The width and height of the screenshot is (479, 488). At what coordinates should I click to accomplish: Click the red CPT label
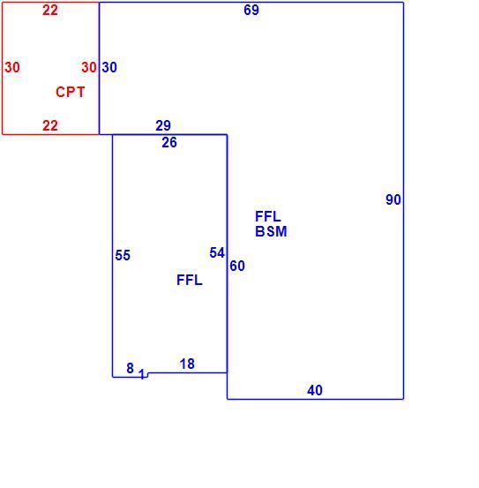71,92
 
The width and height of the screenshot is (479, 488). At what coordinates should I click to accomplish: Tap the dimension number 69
251,10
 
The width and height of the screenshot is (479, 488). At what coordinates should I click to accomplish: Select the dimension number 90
393,199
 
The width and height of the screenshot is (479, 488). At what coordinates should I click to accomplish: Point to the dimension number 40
315,390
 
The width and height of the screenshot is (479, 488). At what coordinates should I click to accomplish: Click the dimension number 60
237,266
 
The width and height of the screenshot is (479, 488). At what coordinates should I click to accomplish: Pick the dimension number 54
217,252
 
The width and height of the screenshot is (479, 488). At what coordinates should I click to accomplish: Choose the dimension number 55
123,255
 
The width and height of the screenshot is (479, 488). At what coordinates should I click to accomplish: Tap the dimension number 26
169,143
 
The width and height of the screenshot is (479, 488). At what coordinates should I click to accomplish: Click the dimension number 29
163,125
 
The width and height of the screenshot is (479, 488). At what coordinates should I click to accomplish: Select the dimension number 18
187,364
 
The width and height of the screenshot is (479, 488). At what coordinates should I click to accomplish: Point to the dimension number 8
131,369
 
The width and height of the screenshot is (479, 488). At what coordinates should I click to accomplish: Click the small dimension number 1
142,374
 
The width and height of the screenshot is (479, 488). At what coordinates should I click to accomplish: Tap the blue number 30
109,67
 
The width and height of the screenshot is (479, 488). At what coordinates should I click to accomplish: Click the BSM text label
271,231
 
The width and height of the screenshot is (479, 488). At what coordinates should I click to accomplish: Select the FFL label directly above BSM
268,216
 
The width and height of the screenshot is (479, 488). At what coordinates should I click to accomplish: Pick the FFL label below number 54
190,280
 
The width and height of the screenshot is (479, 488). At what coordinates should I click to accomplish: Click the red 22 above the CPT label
50,11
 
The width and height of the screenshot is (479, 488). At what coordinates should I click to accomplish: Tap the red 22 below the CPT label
50,125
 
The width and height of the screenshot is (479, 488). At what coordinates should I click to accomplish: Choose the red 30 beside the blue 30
89,67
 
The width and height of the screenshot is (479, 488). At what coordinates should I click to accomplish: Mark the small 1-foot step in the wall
147,375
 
